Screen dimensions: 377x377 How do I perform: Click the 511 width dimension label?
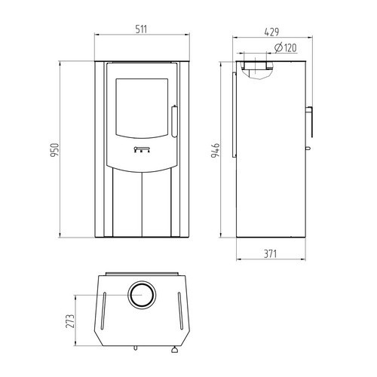point(141,29)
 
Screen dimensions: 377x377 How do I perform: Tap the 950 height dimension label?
point(54,150)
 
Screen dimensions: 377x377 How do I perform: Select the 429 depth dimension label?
point(271,32)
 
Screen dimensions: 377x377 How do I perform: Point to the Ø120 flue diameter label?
point(286,48)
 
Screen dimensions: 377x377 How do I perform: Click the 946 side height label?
point(216,150)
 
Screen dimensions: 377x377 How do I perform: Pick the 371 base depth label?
point(271,254)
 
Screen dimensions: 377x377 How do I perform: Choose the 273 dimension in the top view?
point(70,321)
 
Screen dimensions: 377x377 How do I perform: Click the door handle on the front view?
point(174,121)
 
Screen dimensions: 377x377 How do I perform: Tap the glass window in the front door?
point(142,109)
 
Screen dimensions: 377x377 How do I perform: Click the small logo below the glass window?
point(142,149)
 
